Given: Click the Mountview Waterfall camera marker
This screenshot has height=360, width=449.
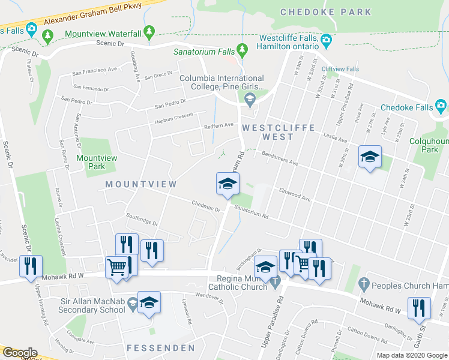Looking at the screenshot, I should pos(149,32).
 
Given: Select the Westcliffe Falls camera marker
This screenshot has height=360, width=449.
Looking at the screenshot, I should pos(326,41).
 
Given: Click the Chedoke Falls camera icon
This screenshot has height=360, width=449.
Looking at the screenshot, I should pos(441,107).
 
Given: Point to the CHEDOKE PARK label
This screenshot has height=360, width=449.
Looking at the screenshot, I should pos(327,12).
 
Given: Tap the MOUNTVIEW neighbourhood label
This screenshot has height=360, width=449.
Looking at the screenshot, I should pos(141,184).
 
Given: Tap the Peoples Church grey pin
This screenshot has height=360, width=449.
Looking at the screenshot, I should pos(363,282).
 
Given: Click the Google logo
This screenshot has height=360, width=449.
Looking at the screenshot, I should pos(19,353).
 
